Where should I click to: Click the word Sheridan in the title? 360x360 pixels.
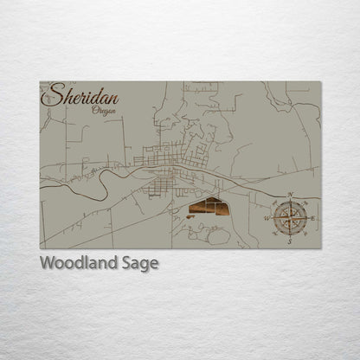pyautogui.click(x=85, y=93)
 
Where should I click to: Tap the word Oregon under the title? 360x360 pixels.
pyautogui.click(x=103, y=109)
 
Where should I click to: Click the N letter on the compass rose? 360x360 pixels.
pyautogui.click(x=289, y=196)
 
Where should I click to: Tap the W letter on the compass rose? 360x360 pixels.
pyautogui.click(x=266, y=219)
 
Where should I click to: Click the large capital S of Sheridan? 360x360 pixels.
pyautogui.click(x=56, y=93)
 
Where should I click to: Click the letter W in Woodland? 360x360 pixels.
pyautogui.click(x=48, y=263)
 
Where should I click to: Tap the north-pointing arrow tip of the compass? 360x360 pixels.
pyautogui.click(x=289, y=202)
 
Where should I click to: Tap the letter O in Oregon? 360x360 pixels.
pyautogui.click(x=93, y=108)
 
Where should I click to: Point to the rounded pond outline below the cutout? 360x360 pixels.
pyautogui.click(x=219, y=235)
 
